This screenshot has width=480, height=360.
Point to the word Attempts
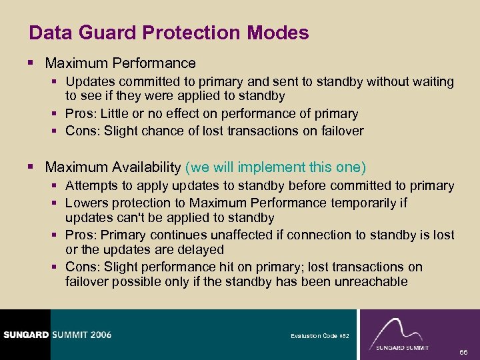[92, 186]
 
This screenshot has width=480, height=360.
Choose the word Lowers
[86, 203]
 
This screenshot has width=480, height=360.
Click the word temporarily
[364, 203]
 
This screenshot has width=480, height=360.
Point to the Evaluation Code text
[313, 336]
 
